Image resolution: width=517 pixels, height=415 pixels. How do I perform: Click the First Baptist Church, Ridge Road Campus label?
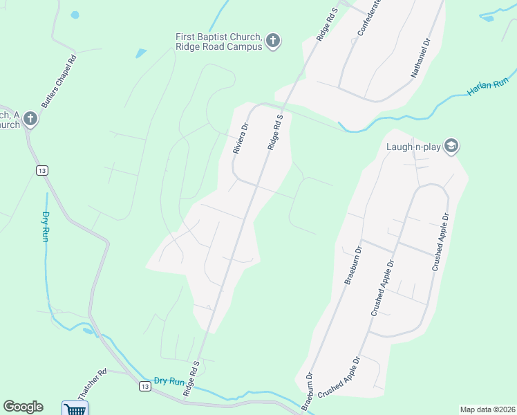(218, 41)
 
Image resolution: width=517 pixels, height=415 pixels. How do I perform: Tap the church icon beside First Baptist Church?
(273, 41)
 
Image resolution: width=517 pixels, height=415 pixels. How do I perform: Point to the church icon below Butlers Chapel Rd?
(30, 119)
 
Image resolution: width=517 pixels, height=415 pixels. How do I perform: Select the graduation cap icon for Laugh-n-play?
(451, 146)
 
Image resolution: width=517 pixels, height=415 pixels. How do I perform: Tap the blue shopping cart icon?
(75, 409)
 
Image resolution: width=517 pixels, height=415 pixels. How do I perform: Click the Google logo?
(23, 407)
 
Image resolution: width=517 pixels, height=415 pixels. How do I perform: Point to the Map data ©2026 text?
(487, 409)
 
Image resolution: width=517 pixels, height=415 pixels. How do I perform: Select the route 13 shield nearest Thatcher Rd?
(144, 386)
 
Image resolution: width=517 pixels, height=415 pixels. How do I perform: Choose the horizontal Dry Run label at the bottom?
(169, 381)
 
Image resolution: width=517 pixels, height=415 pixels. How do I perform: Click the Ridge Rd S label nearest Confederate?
(326, 24)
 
